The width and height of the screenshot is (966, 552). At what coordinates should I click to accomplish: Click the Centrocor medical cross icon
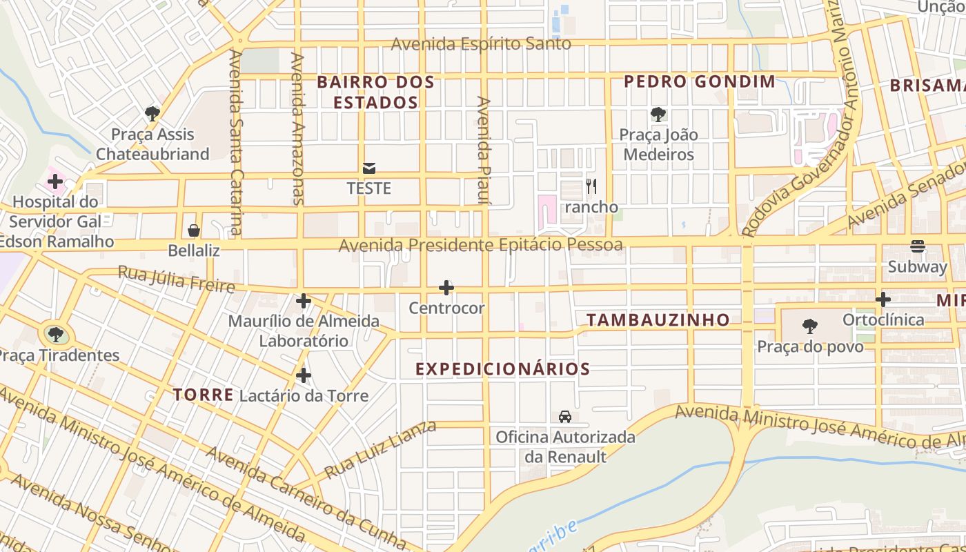coord(446,288)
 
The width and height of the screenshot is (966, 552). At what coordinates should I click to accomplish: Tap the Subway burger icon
coord(918,246)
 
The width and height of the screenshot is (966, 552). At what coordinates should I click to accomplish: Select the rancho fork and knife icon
coord(591,186)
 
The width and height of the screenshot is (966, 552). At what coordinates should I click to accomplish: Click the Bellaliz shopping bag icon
coord(194,230)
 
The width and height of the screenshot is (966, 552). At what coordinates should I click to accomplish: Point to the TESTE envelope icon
coord(368,168)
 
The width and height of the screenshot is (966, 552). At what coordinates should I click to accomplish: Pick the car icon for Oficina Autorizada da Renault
coord(565,417)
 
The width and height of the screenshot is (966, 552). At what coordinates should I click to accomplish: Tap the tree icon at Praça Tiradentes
coord(56,335)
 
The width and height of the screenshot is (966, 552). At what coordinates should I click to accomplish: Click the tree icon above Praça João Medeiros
coord(658,115)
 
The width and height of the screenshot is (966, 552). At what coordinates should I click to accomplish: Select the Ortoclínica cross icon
coord(883,299)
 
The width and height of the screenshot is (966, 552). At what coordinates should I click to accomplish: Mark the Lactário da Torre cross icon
coord(303,376)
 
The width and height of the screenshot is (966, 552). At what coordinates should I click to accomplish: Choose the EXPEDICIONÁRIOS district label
coord(502,369)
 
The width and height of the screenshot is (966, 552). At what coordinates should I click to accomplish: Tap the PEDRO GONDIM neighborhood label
coord(700,81)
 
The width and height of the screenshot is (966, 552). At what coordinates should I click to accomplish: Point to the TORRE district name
coord(203,395)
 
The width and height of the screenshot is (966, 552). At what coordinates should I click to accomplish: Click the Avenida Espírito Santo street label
coord(481,44)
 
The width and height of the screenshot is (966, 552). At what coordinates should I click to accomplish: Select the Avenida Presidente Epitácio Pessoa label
coord(480,245)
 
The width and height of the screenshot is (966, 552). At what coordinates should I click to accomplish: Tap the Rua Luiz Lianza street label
coord(380,450)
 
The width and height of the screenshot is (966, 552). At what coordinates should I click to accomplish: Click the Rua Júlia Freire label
coord(176,279)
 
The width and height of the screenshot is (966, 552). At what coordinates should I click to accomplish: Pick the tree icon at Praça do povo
coord(810,326)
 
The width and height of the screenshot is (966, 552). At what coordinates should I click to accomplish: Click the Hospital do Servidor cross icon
coord(55,182)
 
